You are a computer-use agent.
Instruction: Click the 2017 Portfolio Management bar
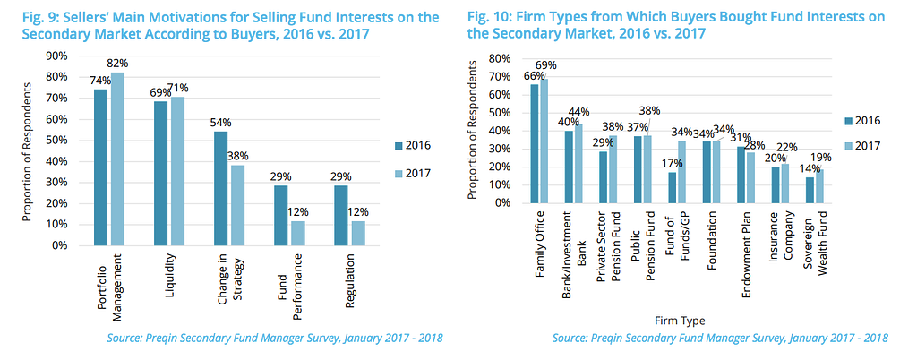click(117, 159)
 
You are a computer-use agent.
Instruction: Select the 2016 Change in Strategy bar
click(220, 188)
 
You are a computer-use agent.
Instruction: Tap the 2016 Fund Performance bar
click(281, 215)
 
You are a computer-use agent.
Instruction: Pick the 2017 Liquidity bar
click(177, 171)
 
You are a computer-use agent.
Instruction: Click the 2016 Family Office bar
click(535, 143)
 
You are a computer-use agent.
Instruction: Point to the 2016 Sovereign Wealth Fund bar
click(810, 190)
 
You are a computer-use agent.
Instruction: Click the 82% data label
click(118, 64)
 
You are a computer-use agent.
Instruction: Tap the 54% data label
click(221, 122)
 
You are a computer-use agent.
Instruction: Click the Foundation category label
click(712, 238)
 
